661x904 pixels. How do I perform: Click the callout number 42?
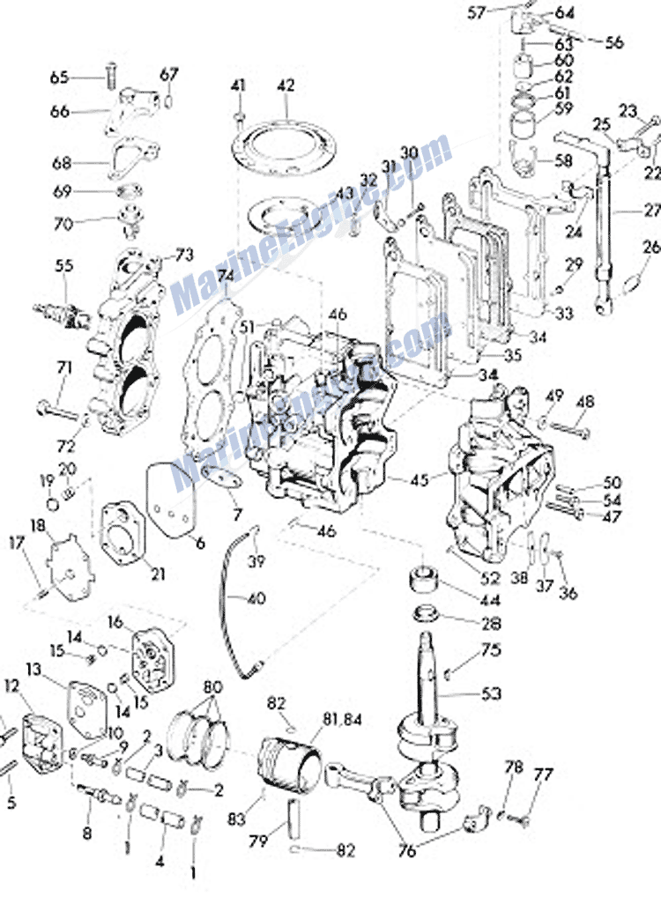click(285, 86)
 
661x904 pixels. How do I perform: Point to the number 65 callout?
click(59, 78)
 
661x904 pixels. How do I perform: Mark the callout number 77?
click(544, 776)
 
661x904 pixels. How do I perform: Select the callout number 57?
click(501, 12)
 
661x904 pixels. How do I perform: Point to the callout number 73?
click(183, 255)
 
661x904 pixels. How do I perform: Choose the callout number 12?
click(11, 685)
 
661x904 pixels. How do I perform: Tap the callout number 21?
click(158, 574)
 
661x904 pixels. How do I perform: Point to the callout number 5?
click(11, 803)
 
